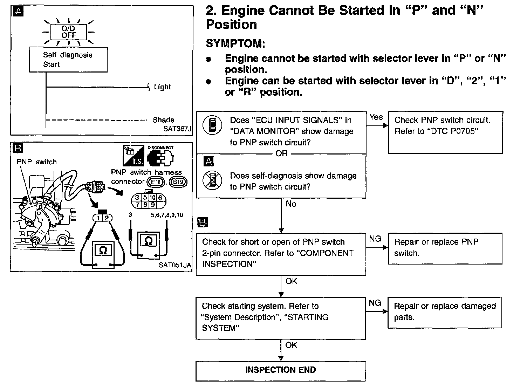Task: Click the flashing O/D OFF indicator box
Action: (x=69, y=32)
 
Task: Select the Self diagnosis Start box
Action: (x=68, y=60)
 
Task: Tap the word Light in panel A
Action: (x=162, y=87)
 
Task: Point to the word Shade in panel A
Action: (x=163, y=120)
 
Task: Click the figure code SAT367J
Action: (x=177, y=129)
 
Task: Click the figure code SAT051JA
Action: (x=175, y=265)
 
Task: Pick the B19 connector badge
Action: (x=178, y=182)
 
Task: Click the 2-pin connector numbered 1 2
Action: (x=103, y=218)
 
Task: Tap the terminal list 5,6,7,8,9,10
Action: (x=167, y=215)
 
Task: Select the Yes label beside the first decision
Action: (x=376, y=117)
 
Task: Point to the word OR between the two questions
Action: (x=281, y=153)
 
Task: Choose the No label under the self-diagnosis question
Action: (x=291, y=204)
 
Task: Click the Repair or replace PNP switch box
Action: (x=445, y=248)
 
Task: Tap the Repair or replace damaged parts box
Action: (x=445, y=312)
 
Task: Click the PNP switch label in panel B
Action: (x=36, y=162)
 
